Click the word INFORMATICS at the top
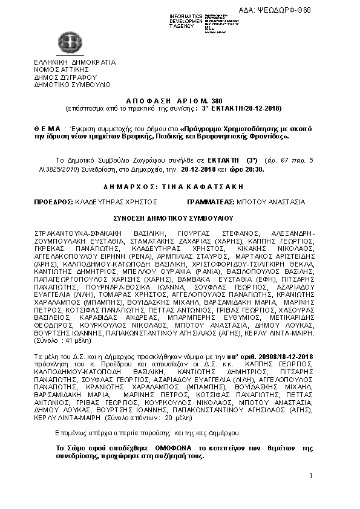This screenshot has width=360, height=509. (x=186, y=15)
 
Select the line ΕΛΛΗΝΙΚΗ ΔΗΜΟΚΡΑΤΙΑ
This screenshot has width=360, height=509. (x=75, y=62)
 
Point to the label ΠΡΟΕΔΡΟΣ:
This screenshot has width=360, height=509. (x=53, y=201)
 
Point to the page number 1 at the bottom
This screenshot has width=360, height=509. (x=310, y=478)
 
